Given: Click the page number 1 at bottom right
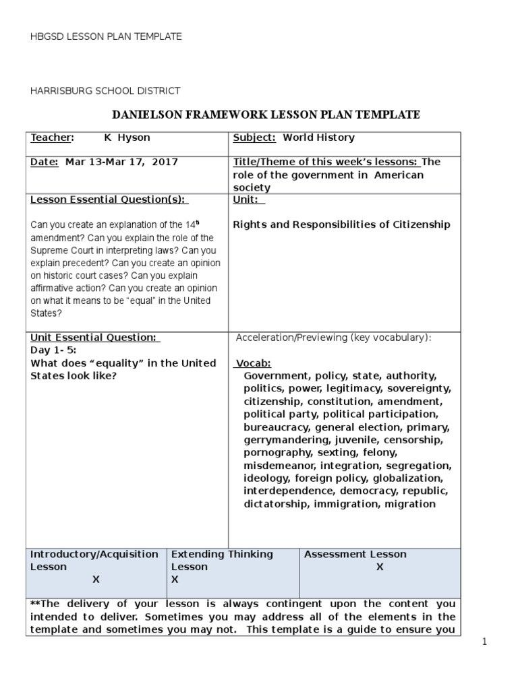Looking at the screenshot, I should [x=484, y=642].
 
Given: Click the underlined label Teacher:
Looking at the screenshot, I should [x=51, y=137].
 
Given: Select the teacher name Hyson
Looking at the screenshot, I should [x=134, y=137].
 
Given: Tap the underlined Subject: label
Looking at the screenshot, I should [x=254, y=137].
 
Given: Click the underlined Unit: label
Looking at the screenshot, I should [x=248, y=200].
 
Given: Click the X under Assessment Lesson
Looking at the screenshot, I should [x=380, y=567].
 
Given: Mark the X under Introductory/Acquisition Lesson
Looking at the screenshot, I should [x=96, y=579].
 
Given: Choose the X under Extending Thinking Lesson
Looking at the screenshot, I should [x=175, y=579].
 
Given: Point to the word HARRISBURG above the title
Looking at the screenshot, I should [x=61, y=90].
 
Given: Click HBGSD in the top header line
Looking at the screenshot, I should [x=45, y=36].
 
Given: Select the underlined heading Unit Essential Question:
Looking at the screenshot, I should [x=94, y=338].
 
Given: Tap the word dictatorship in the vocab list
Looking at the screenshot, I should [x=277, y=504].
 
